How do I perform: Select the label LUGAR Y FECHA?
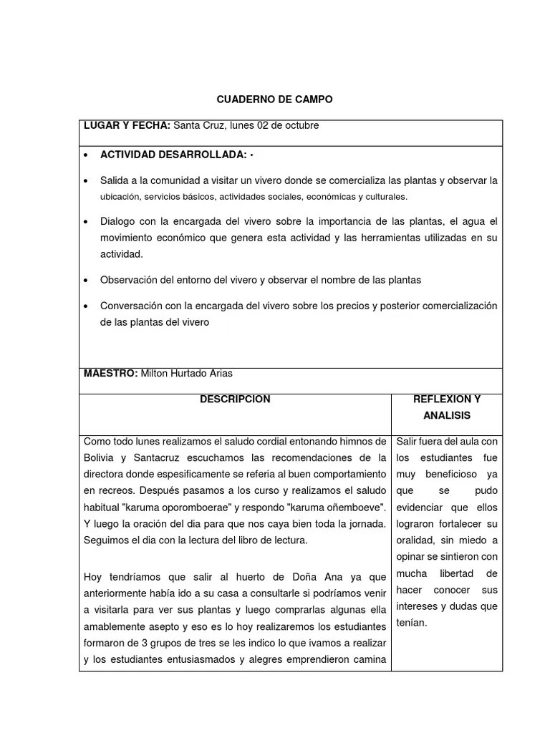pos(127,125)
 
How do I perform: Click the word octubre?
pos(301,125)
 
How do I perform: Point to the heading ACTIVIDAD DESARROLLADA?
pos(173,155)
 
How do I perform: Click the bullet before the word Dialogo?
pos(87,222)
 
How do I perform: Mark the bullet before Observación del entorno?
pos(87,280)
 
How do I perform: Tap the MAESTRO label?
pos(110,373)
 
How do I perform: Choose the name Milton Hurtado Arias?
pos(186,373)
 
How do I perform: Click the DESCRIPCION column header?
pos(235,399)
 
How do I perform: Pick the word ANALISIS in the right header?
pos(447,415)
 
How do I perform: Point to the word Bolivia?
pos(99,457)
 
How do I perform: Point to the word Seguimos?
pos(105,540)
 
